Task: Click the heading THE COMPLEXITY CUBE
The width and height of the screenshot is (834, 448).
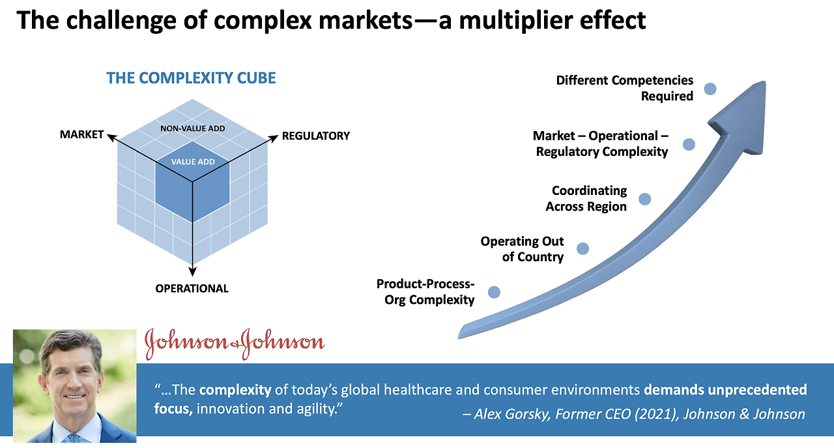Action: tap(191, 78)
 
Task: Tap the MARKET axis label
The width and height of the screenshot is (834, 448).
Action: tap(81, 134)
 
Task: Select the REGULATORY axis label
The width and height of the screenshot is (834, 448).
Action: tap(315, 136)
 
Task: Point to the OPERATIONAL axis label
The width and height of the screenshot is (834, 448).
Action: tap(192, 288)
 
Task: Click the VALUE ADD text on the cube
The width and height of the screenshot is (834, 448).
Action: tap(192, 162)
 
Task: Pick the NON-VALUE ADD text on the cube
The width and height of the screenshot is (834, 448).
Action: tap(192, 128)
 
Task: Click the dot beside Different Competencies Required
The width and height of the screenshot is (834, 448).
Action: tap(710, 89)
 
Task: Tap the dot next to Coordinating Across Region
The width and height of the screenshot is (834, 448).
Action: tap(644, 199)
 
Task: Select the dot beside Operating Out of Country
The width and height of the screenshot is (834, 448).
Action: tap(582, 248)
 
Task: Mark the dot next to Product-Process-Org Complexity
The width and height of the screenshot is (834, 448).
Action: tap(494, 292)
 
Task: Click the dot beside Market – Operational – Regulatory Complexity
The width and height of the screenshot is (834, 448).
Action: tap(689, 144)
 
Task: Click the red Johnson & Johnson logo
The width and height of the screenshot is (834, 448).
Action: tap(235, 343)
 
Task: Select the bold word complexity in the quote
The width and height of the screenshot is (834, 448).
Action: tap(235, 391)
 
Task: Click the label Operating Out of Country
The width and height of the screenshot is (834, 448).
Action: tap(522, 249)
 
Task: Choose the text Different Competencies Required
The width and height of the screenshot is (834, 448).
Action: tap(624, 88)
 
